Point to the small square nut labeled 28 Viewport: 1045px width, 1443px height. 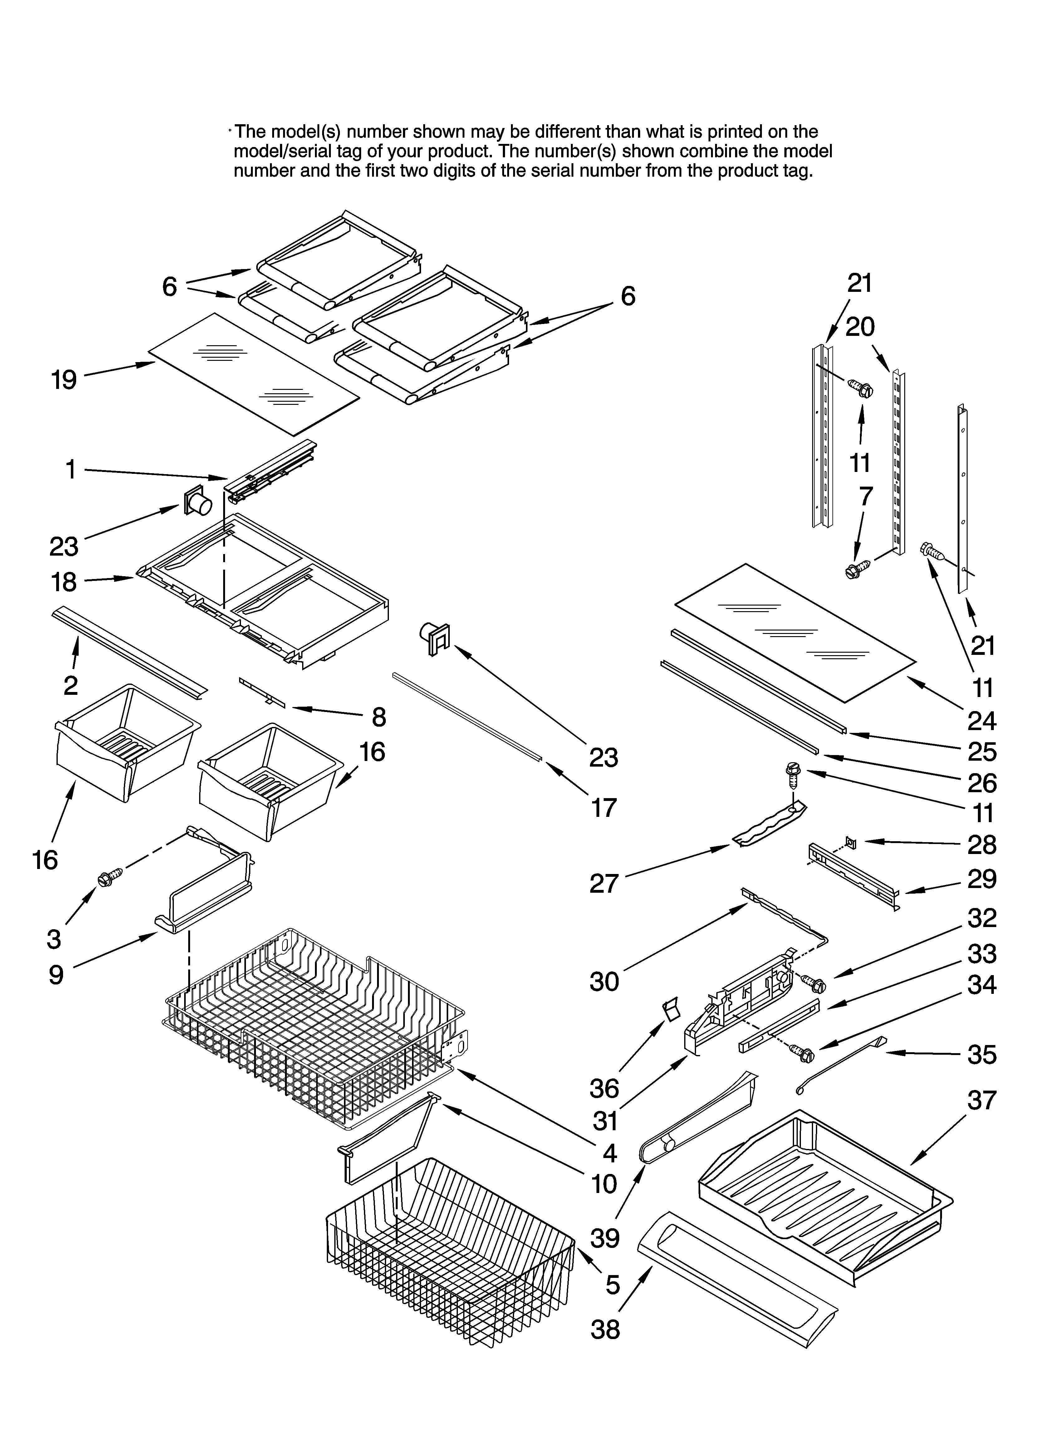pyautogui.click(x=852, y=844)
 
